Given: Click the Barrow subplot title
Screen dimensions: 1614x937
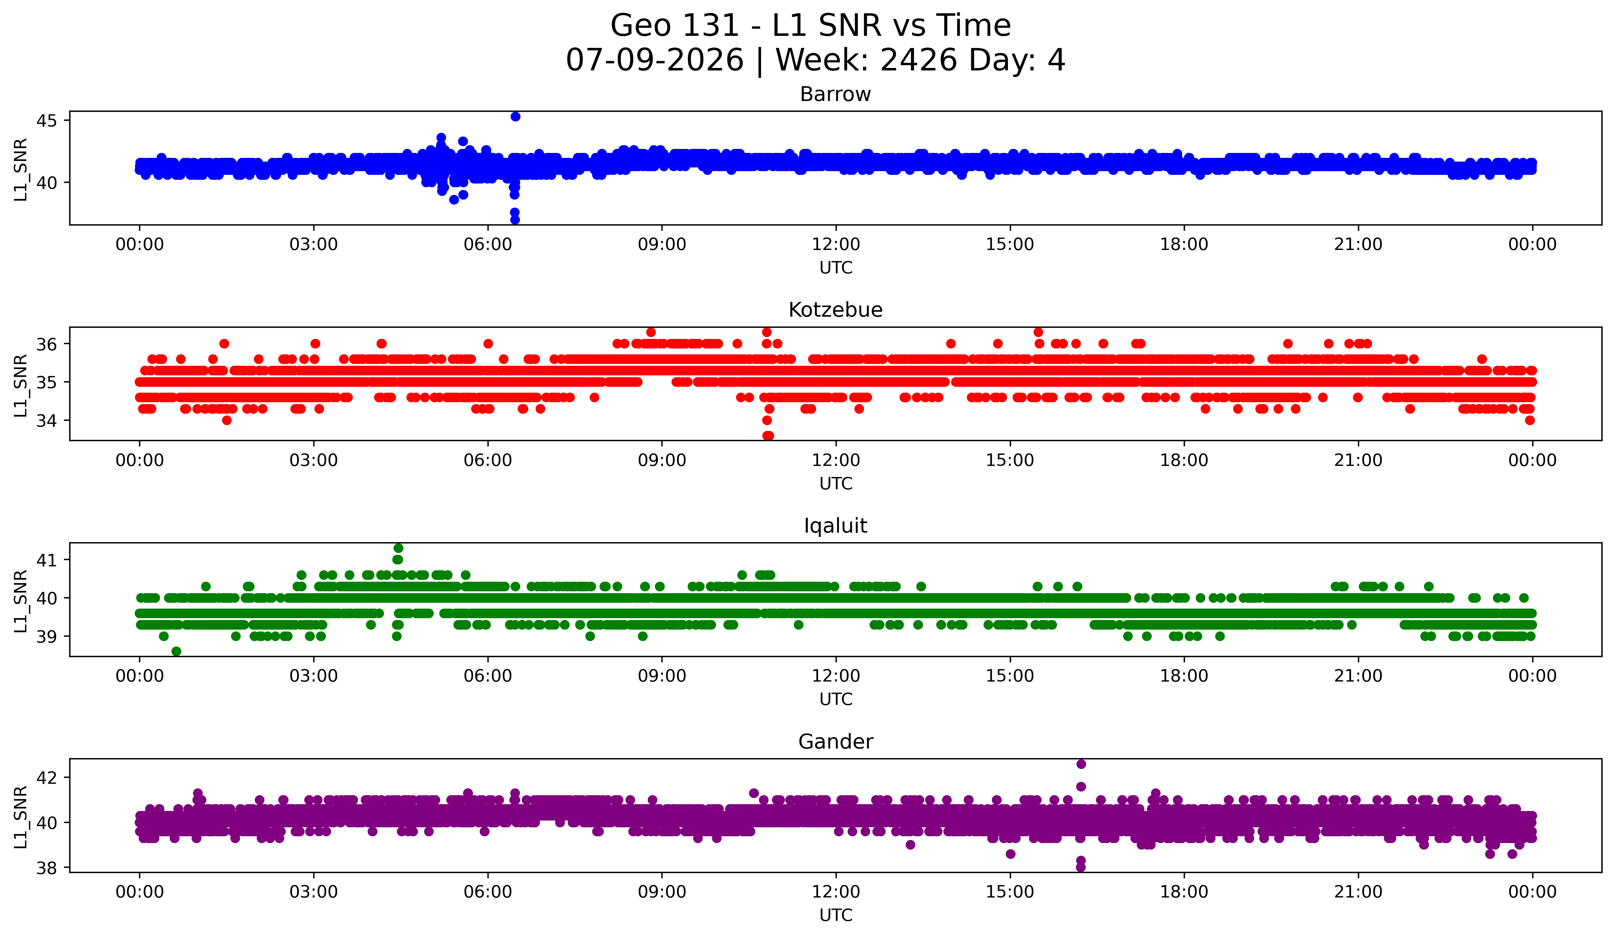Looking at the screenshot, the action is coord(835,94).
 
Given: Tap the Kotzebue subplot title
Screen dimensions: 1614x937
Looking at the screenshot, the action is coord(835,310).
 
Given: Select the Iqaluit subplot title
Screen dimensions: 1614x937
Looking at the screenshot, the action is coord(835,526).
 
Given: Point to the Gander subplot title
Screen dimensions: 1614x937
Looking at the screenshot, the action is coord(835,742).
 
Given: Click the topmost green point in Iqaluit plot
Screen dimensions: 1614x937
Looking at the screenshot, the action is coord(398,548).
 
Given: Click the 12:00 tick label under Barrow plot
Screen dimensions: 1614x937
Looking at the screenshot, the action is coord(836,245).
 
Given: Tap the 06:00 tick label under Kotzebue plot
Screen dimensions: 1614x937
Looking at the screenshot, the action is coord(488,461).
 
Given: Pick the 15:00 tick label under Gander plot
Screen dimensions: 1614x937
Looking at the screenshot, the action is coord(1010,892).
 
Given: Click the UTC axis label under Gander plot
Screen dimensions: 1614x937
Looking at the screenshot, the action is coord(836,915).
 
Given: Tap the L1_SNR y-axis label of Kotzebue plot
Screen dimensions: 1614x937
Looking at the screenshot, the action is coord(21,386).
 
